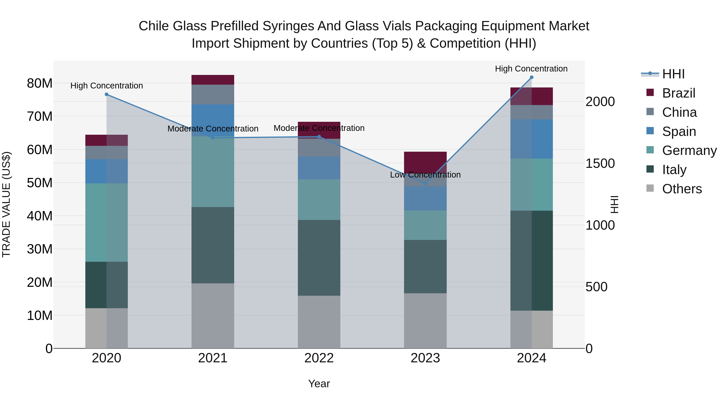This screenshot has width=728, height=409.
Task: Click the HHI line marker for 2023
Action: [x=425, y=183]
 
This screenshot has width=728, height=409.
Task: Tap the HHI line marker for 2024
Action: [x=532, y=77]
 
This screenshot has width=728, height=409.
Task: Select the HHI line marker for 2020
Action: [x=107, y=94]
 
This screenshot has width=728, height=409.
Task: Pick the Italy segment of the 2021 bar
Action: [x=213, y=245]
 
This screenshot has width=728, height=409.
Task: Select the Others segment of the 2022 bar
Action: [x=319, y=322]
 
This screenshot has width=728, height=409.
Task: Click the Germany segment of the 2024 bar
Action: [x=532, y=185]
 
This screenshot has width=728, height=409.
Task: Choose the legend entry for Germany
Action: [x=689, y=150]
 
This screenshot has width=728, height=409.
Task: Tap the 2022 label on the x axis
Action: [x=319, y=358]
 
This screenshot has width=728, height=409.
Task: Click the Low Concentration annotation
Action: [x=425, y=175]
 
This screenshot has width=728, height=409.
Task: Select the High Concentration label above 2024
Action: [x=531, y=69]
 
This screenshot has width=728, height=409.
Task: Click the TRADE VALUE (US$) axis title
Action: [x=6, y=204]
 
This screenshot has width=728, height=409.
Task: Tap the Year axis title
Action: [x=319, y=384]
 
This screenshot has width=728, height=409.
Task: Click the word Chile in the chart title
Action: [x=154, y=26]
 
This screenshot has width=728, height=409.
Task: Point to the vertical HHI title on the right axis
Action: [x=614, y=204]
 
